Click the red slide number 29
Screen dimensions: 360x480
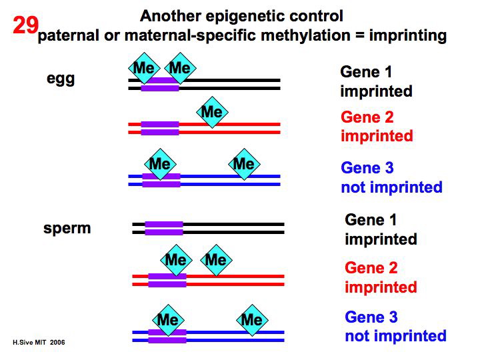(x=25, y=26)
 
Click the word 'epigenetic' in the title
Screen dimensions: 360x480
(x=248, y=15)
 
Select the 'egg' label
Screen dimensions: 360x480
(x=61, y=79)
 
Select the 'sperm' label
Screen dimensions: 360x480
(x=67, y=229)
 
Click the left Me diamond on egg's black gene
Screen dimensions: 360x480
(x=144, y=68)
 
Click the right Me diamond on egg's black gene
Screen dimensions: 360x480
(x=179, y=68)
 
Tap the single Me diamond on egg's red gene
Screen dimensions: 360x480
(x=211, y=111)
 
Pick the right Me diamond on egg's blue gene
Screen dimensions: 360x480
(x=243, y=164)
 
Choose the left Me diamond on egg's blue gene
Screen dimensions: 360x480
(x=159, y=164)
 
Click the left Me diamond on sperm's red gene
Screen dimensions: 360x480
(x=175, y=259)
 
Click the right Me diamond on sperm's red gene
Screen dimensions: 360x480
(x=215, y=259)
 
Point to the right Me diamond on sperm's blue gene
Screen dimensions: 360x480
(x=251, y=320)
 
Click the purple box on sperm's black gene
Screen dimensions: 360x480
(x=163, y=229)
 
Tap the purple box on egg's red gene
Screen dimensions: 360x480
(x=160, y=128)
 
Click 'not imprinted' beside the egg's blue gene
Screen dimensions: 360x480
(x=391, y=187)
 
